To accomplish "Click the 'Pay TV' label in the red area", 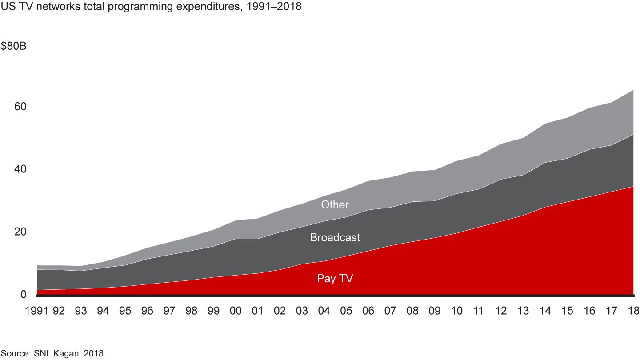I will (335, 279).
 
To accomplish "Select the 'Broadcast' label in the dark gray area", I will (335, 237).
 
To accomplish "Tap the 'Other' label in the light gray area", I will (335, 204).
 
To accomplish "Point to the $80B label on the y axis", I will (14, 47).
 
